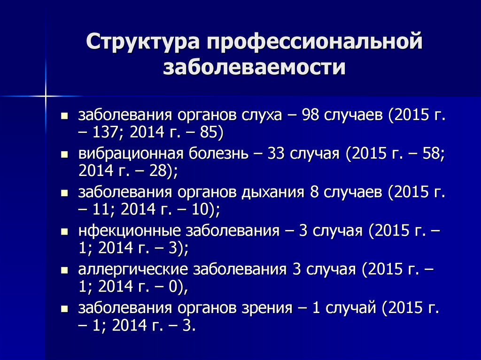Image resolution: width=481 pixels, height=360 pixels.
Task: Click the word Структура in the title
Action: (x=142, y=42)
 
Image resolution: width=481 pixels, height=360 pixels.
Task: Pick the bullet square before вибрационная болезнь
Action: (x=65, y=154)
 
